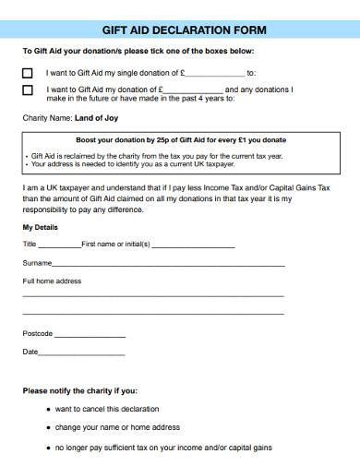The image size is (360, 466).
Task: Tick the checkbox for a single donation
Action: tap(27, 71)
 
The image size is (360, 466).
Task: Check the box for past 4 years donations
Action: tap(27, 90)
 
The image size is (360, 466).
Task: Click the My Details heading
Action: tap(40, 226)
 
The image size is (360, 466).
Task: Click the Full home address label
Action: tap(52, 281)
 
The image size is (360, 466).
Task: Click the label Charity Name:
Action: tap(46, 118)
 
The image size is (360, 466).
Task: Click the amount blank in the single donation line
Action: tap(216, 71)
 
